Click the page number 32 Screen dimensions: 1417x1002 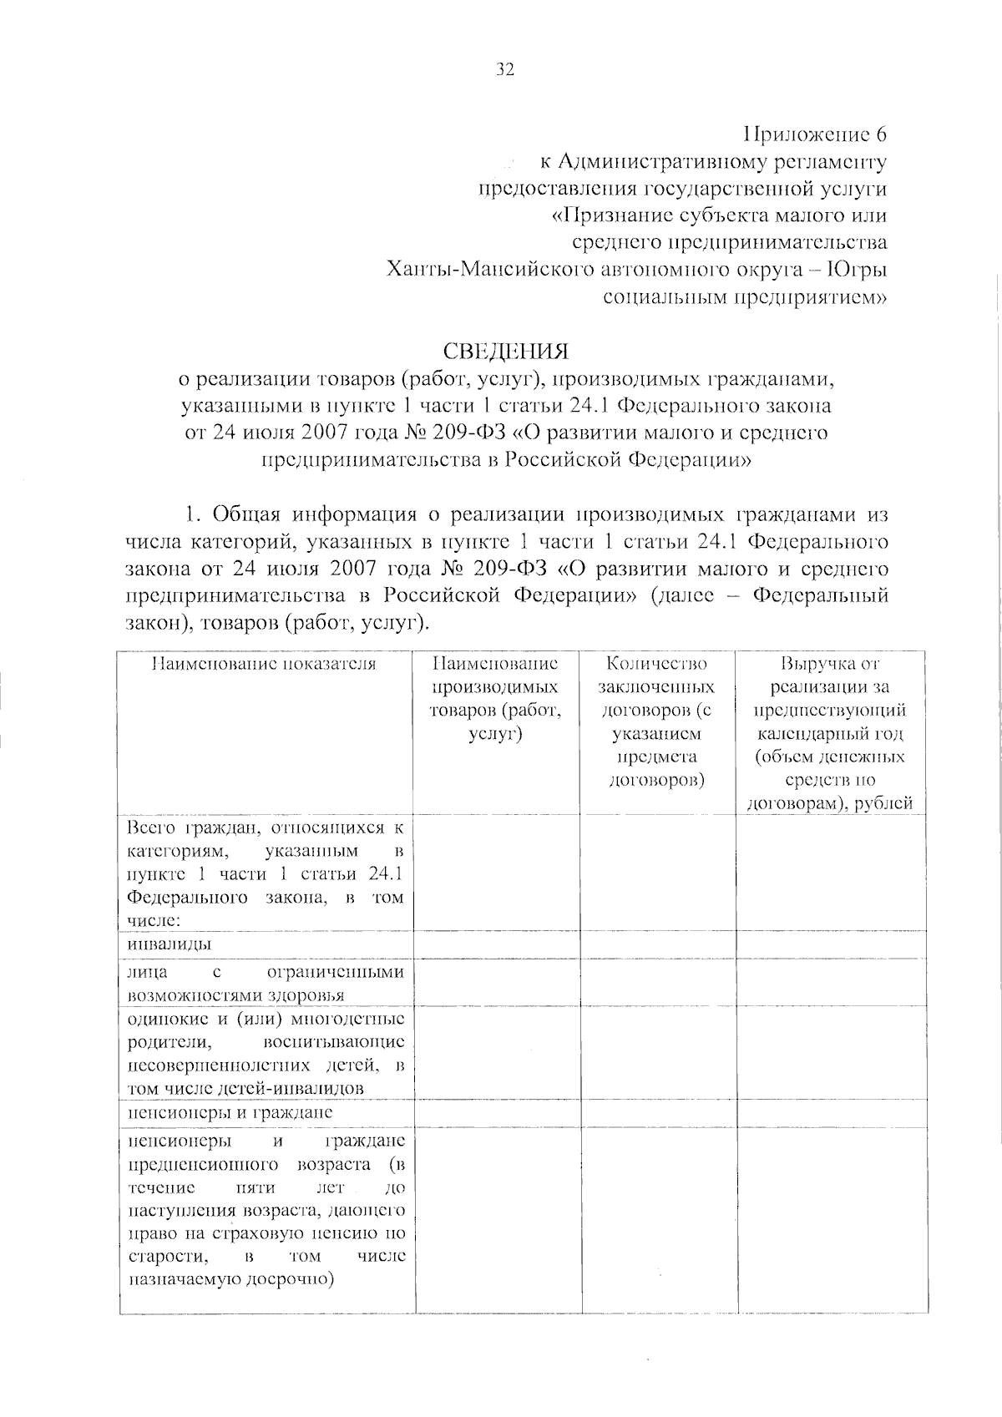click(x=505, y=70)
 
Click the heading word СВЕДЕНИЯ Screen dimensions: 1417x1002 click(x=505, y=350)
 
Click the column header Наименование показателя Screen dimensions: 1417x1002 click(x=264, y=665)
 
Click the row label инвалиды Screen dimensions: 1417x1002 click(x=170, y=944)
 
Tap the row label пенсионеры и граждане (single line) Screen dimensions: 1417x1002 click(x=230, y=1113)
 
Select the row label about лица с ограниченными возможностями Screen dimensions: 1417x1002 click(x=265, y=984)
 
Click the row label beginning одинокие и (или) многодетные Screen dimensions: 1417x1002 click(x=265, y=1053)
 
